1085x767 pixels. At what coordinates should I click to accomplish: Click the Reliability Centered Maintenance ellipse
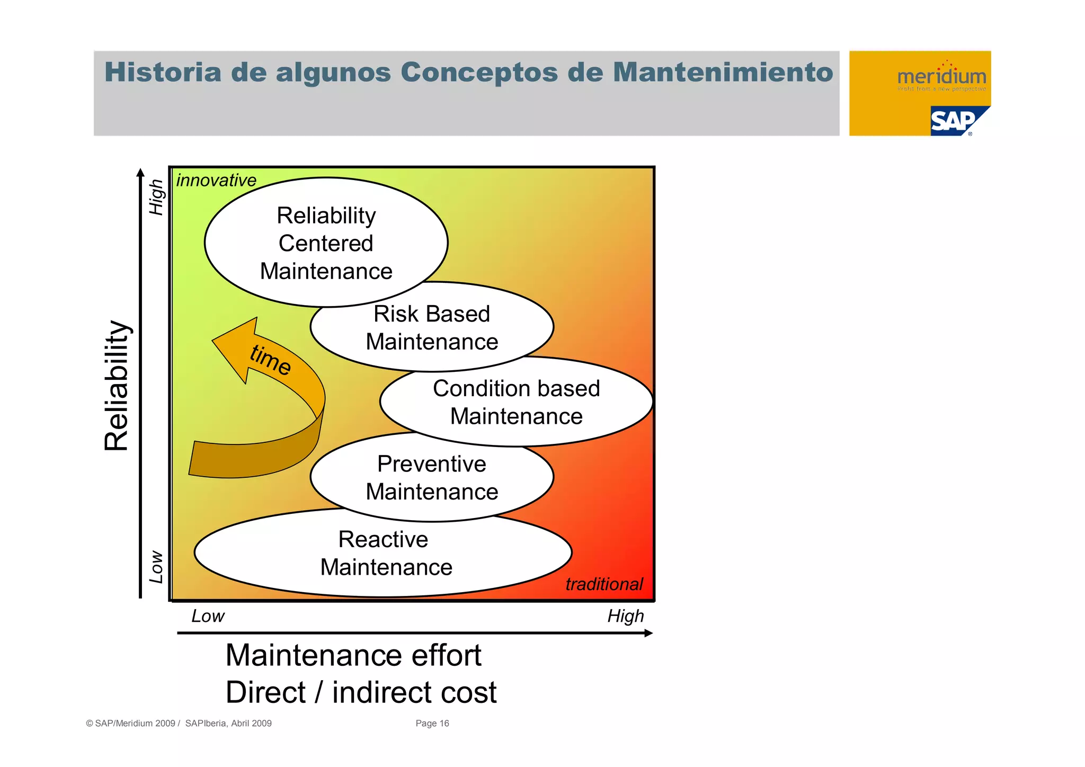point(326,243)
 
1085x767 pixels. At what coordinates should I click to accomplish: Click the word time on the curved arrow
point(271,360)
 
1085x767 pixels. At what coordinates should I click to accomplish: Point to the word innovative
point(216,181)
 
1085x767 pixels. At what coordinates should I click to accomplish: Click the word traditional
point(604,584)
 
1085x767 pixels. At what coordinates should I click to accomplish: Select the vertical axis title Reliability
point(117,386)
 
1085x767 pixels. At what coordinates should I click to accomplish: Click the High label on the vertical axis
point(156,197)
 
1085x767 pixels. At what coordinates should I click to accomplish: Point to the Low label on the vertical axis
point(156,567)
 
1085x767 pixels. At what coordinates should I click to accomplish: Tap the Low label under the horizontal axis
point(208,616)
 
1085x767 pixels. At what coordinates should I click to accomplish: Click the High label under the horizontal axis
point(626,616)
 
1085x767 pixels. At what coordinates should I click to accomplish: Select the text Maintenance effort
point(353,655)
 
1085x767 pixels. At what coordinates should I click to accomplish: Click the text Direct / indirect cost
point(361,692)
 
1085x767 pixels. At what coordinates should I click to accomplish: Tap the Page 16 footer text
point(432,724)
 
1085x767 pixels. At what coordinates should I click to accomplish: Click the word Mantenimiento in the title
point(723,73)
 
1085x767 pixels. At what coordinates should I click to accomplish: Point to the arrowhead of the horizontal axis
point(648,633)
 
